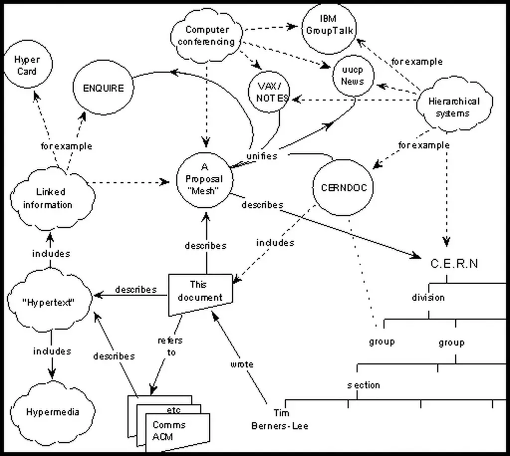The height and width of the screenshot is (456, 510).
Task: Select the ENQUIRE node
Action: pos(103,88)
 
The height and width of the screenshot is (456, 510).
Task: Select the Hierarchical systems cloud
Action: pos(453,107)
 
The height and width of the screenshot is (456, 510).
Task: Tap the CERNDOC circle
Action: pos(344,188)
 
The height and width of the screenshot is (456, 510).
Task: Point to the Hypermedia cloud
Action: pos(52,412)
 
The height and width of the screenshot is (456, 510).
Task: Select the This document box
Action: pos(200,292)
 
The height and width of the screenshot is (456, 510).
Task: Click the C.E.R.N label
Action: pos(454,264)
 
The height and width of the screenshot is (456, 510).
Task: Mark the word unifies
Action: pos(261,156)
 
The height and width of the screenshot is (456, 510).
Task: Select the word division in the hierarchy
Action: pos(428,298)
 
